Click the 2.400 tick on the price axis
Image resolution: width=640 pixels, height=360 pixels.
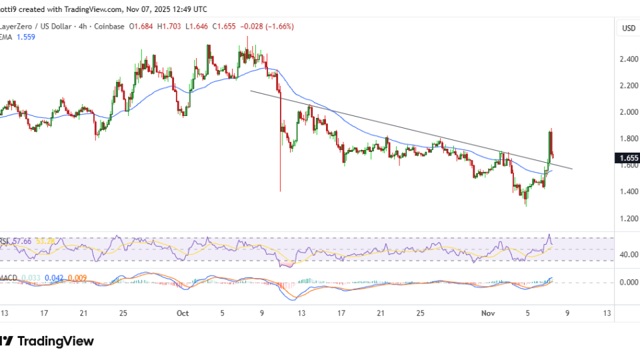628,59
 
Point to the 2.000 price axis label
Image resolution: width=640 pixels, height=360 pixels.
628,112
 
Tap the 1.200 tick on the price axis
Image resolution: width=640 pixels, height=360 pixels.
628,219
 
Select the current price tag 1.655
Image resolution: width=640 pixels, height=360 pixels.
628,159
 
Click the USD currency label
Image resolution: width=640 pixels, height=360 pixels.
628,28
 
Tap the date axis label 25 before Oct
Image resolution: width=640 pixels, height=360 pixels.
123,313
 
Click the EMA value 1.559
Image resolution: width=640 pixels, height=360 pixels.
26,37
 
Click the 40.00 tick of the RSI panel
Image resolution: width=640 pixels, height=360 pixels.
628,255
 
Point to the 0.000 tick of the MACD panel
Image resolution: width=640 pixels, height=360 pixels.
628,283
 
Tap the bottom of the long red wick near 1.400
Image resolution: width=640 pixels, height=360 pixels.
280,191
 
